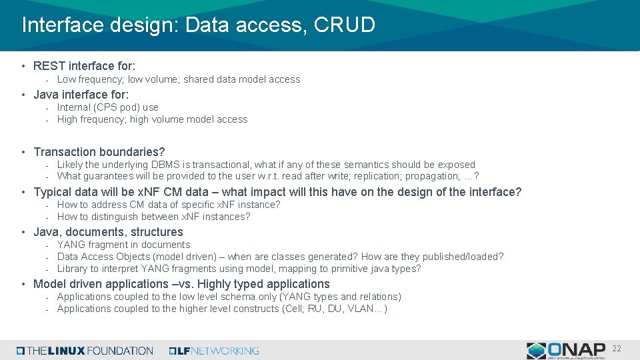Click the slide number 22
tap(617, 349)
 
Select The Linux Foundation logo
tap(85, 351)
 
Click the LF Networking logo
tap(214, 351)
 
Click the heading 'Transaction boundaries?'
tap(99, 152)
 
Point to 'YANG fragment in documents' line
tap(123, 245)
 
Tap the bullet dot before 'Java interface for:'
tap(24, 95)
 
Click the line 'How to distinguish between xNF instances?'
tap(153, 217)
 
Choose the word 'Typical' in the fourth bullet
tap(53, 192)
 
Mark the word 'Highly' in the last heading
tap(215, 284)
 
